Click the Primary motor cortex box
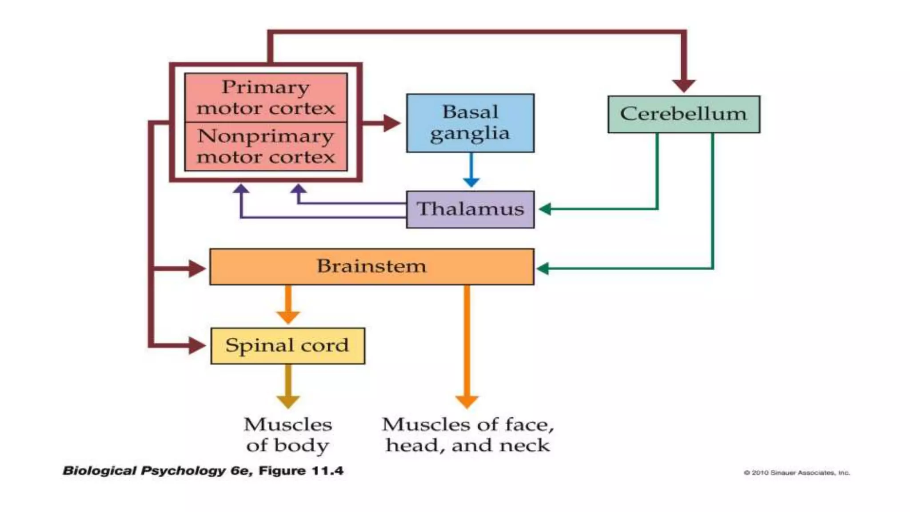266,97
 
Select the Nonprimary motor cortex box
266,146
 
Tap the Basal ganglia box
470,123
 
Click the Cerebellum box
683,114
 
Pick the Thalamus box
470,209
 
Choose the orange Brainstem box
371,267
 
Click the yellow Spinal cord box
287,346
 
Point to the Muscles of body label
287,435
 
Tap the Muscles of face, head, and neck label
468,435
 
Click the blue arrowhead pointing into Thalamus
471,182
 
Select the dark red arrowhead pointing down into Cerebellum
683,85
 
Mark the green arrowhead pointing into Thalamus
545,209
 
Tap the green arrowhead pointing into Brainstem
543,268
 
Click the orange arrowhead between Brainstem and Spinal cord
288,317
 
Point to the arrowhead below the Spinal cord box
288,401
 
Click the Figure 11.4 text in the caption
301,471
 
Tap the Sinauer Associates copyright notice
797,472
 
